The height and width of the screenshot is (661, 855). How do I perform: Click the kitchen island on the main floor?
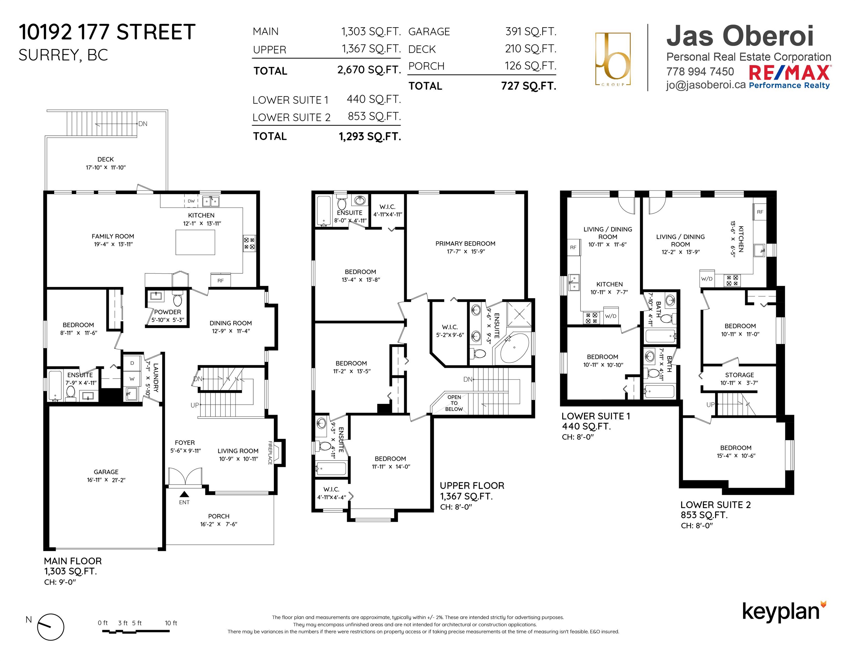[195, 242]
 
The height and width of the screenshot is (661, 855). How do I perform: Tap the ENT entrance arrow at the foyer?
[184, 495]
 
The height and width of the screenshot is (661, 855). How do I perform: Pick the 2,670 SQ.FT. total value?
[369, 70]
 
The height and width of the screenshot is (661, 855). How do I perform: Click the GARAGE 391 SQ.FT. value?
[530, 31]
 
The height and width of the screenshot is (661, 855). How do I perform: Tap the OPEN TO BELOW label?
[454, 403]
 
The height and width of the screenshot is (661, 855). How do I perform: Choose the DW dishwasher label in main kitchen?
[191, 201]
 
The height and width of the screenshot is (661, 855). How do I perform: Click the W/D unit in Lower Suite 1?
[611, 315]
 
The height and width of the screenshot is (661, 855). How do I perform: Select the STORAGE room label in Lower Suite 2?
[739, 375]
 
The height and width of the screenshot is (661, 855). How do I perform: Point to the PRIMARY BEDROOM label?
[465, 244]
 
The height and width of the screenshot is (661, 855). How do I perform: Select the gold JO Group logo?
[613, 59]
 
